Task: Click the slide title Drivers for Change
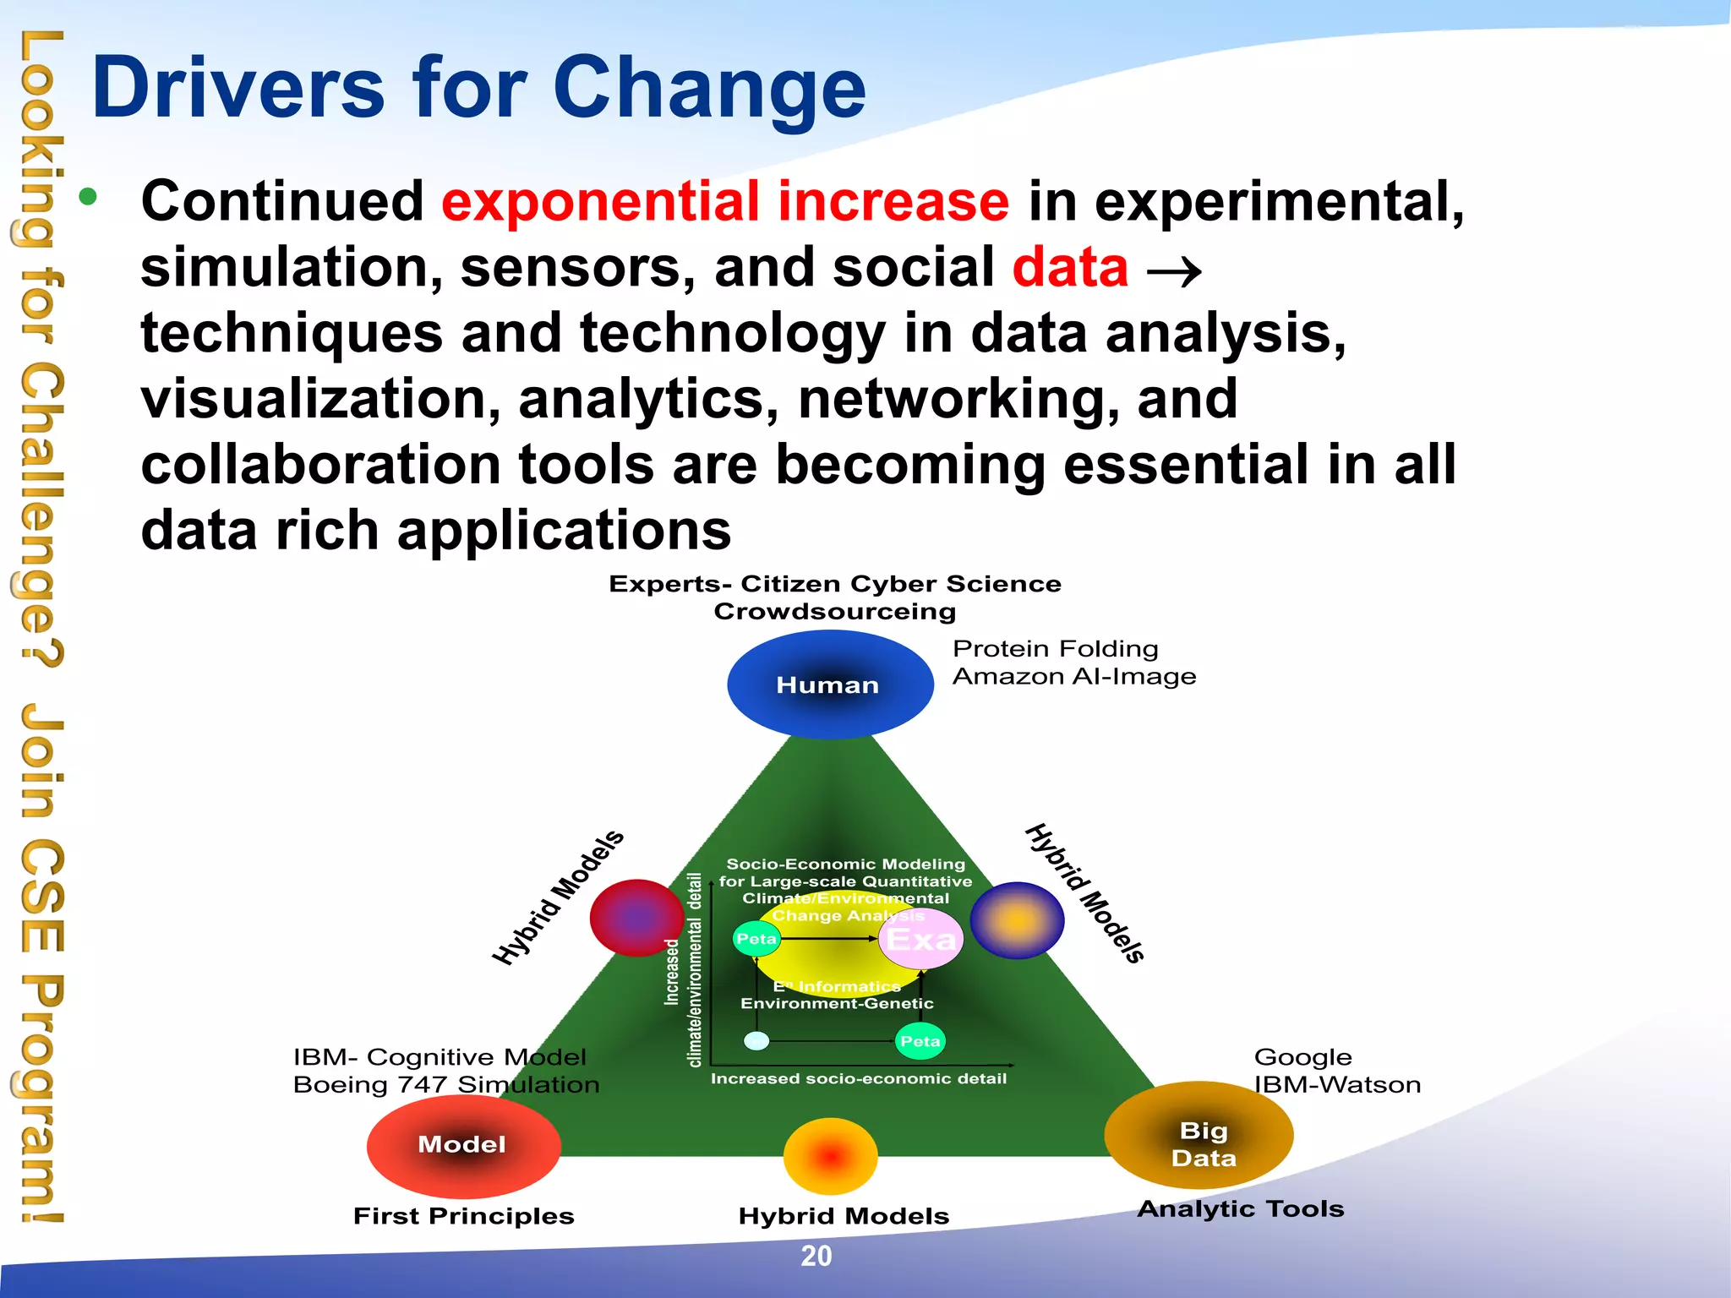pyautogui.click(x=478, y=88)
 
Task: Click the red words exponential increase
pyautogui.click(x=724, y=202)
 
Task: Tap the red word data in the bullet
pyautogui.click(x=1070, y=268)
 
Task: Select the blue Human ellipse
pyautogui.click(x=829, y=684)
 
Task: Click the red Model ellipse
pyautogui.click(x=462, y=1145)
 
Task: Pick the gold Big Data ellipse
pyautogui.click(x=1199, y=1136)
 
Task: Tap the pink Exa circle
pyautogui.click(x=920, y=939)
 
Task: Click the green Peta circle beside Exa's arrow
pyautogui.click(x=756, y=939)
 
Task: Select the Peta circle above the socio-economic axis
pyautogui.click(x=920, y=1041)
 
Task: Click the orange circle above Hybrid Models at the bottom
pyautogui.click(x=830, y=1155)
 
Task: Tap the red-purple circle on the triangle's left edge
pyautogui.click(x=636, y=918)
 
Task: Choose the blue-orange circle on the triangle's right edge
pyautogui.click(x=1017, y=920)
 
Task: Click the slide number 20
pyautogui.click(x=816, y=1256)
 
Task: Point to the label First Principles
pyautogui.click(x=463, y=1216)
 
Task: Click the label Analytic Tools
pyautogui.click(x=1240, y=1209)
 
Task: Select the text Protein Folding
pyautogui.click(x=1055, y=649)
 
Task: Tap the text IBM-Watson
pyautogui.click(x=1336, y=1085)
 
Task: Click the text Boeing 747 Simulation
pyautogui.click(x=445, y=1085)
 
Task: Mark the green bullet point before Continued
pyautogui.click(x=88, y=198)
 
